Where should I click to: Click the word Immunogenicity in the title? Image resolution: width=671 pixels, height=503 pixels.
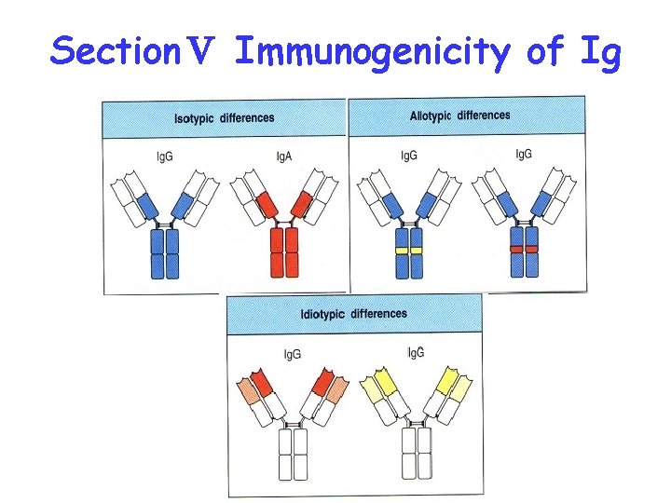373,53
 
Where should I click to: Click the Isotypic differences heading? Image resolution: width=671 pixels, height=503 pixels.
225,118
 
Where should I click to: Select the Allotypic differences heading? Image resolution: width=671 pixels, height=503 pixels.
459,116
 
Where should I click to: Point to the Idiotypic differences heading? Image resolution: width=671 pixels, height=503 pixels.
353,314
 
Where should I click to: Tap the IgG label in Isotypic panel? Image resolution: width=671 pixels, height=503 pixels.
165,156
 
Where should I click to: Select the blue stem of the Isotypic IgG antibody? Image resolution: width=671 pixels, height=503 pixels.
164,253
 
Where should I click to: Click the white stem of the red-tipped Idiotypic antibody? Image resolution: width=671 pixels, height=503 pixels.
293,454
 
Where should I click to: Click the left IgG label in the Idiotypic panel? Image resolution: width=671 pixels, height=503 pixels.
292,354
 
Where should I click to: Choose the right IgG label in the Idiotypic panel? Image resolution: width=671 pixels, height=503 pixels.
416,351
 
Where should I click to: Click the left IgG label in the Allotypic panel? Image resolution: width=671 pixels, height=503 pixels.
409,155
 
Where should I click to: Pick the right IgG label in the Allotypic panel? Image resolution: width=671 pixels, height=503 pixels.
524,153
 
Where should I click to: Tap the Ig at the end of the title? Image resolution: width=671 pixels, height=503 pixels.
598,53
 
